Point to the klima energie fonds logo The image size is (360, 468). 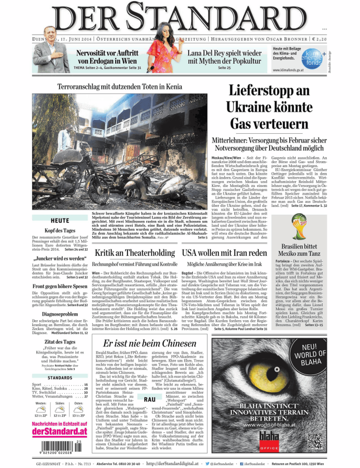pyautogui.click(x=331, y=57)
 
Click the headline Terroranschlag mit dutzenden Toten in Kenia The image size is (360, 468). pyautogui.click(x=120, y=86)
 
